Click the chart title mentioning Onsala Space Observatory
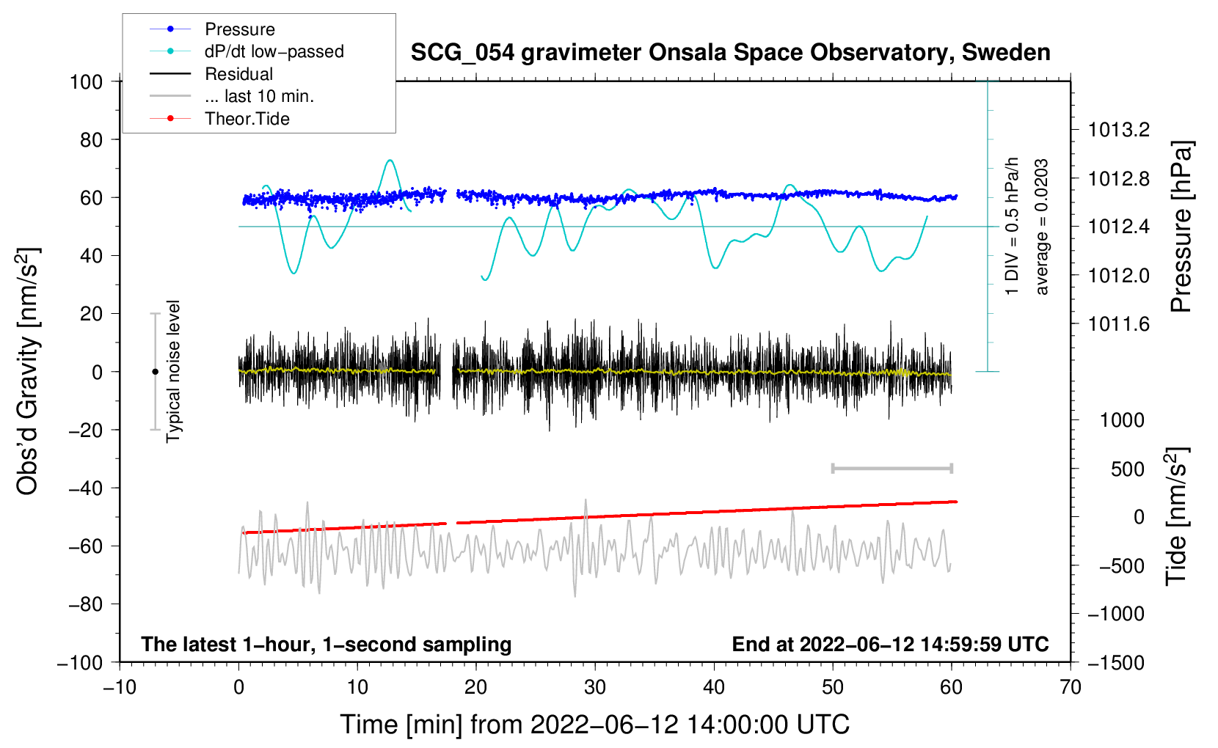coord(730,53)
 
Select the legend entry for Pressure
coord(239,29)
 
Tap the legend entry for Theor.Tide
coord(247,119)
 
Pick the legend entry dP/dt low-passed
coord(274,51)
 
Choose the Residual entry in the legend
coord(238,74)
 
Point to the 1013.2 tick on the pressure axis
coord(1119,130)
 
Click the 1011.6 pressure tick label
coord(1119,324)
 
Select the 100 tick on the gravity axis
coord(87,81)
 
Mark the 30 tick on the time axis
coord(595,687)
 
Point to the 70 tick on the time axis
coord(1071,687)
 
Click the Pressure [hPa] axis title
coord(1181,227)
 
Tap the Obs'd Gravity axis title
coord(27,371)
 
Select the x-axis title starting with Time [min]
coord(594,725)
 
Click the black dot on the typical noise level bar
coord(155,372)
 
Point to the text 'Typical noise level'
coord(173,371)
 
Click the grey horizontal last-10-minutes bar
coord(891,468)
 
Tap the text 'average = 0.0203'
coord(1042,227)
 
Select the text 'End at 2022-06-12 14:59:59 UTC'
coord(890,644)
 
